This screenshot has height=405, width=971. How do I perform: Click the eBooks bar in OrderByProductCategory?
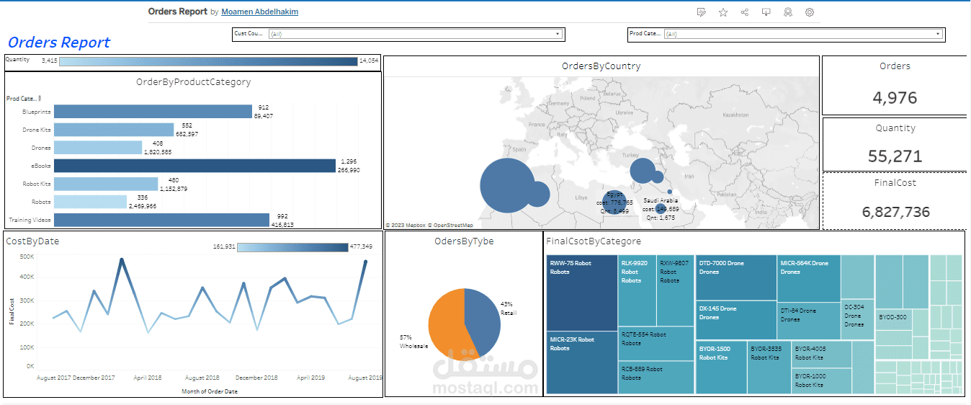click(194, 166)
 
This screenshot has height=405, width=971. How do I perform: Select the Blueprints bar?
click(153, 112)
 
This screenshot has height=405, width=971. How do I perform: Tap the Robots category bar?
click(90, 202)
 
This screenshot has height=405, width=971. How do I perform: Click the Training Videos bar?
click(161, 220)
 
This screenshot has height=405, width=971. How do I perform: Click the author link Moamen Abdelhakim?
click(259, 12)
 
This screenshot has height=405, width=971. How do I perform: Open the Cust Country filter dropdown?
click(415, 34)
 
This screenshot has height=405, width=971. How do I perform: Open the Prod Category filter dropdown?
click(802, 34)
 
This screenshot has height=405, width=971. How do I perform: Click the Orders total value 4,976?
click(895, 97)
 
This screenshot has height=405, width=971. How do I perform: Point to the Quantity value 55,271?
click(895, 156)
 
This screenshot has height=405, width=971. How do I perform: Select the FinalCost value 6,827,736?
click(895, 212)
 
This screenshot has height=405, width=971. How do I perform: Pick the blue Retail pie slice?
click(483, 317)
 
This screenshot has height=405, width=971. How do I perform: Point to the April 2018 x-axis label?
click(147, 378)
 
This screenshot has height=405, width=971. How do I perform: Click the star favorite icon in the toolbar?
click(722, 12)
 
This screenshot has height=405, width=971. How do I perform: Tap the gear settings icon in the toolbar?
click(810, 12)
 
